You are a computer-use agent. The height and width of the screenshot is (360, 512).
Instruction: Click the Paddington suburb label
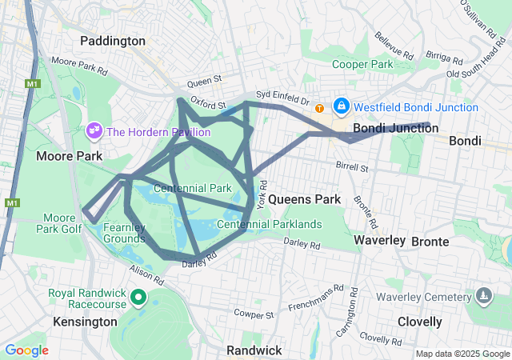coord(113,40)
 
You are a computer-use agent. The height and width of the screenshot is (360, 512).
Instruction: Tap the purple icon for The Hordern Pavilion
coord(94,130)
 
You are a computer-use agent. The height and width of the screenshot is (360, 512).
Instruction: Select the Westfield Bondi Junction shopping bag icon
coord(342,106)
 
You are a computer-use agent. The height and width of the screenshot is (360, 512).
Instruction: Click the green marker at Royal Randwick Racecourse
coord(138,299)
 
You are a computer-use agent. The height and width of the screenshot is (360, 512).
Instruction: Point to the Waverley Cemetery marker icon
coord(483,297)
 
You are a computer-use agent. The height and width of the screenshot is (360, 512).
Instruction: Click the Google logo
coord(26,350)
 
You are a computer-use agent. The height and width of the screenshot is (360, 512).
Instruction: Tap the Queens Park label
coord(304,198)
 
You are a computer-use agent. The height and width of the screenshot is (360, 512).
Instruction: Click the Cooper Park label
coord(362,64)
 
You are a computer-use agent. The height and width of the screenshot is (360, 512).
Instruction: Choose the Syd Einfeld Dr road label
coord(282,100)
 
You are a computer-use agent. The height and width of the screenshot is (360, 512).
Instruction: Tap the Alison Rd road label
coord(145,277)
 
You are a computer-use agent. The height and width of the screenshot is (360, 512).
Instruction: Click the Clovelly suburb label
coord(419,322)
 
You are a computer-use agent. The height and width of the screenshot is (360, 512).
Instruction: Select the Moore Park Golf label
coord(60,223)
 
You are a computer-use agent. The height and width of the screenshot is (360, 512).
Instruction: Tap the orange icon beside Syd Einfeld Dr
coord(320,108)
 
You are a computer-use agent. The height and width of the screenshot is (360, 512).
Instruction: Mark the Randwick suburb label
coord(254,350)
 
